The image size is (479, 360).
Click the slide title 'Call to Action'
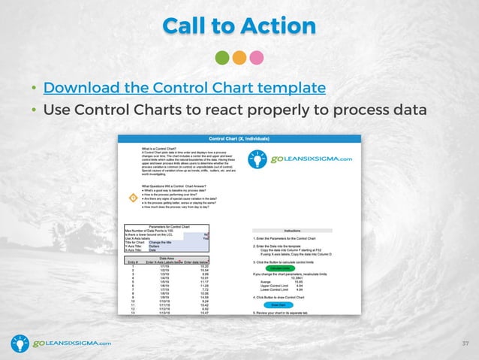239,26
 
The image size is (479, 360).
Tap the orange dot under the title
239,58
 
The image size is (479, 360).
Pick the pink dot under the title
256,58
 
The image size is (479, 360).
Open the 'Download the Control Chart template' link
185,87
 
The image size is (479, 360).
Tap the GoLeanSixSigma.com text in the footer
72,343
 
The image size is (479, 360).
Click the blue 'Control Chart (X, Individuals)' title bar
239,139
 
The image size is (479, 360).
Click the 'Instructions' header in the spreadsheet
293,231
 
